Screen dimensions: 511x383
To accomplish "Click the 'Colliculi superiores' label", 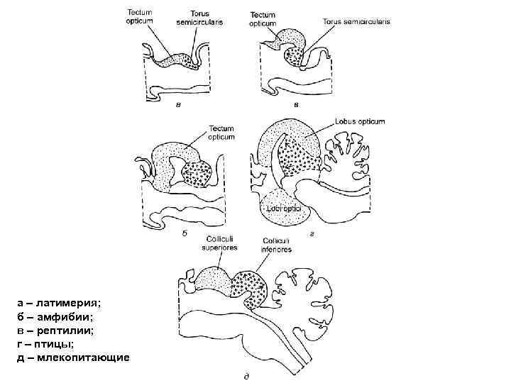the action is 221,242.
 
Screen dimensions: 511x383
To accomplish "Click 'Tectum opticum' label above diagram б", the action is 221,133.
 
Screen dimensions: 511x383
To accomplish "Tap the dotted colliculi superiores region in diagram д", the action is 213,281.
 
